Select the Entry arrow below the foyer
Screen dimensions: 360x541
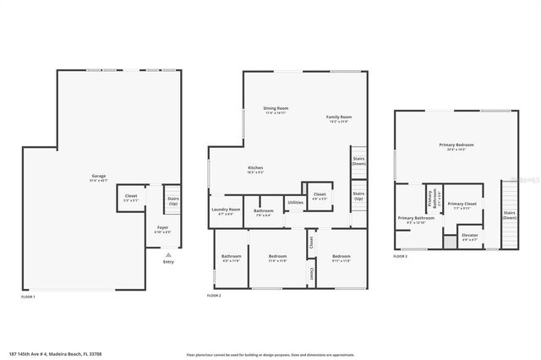(x=168, y=253)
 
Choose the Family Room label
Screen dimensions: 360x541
(x=339, y=118)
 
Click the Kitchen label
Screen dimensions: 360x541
(x=255, y=169)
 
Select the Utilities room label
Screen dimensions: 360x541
(x=295, y=202)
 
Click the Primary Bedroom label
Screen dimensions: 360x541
(x=456, y=146)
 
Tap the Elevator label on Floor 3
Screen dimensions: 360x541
(x=468, y=236)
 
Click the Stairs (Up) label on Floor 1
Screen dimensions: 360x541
(x=172, y=201)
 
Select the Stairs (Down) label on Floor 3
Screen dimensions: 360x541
(x=509, y=215)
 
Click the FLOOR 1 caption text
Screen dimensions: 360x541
(x=29, y=297)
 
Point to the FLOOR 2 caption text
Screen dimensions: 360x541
(x=214, y=296)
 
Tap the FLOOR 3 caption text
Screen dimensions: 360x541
(x=400, y=255)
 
